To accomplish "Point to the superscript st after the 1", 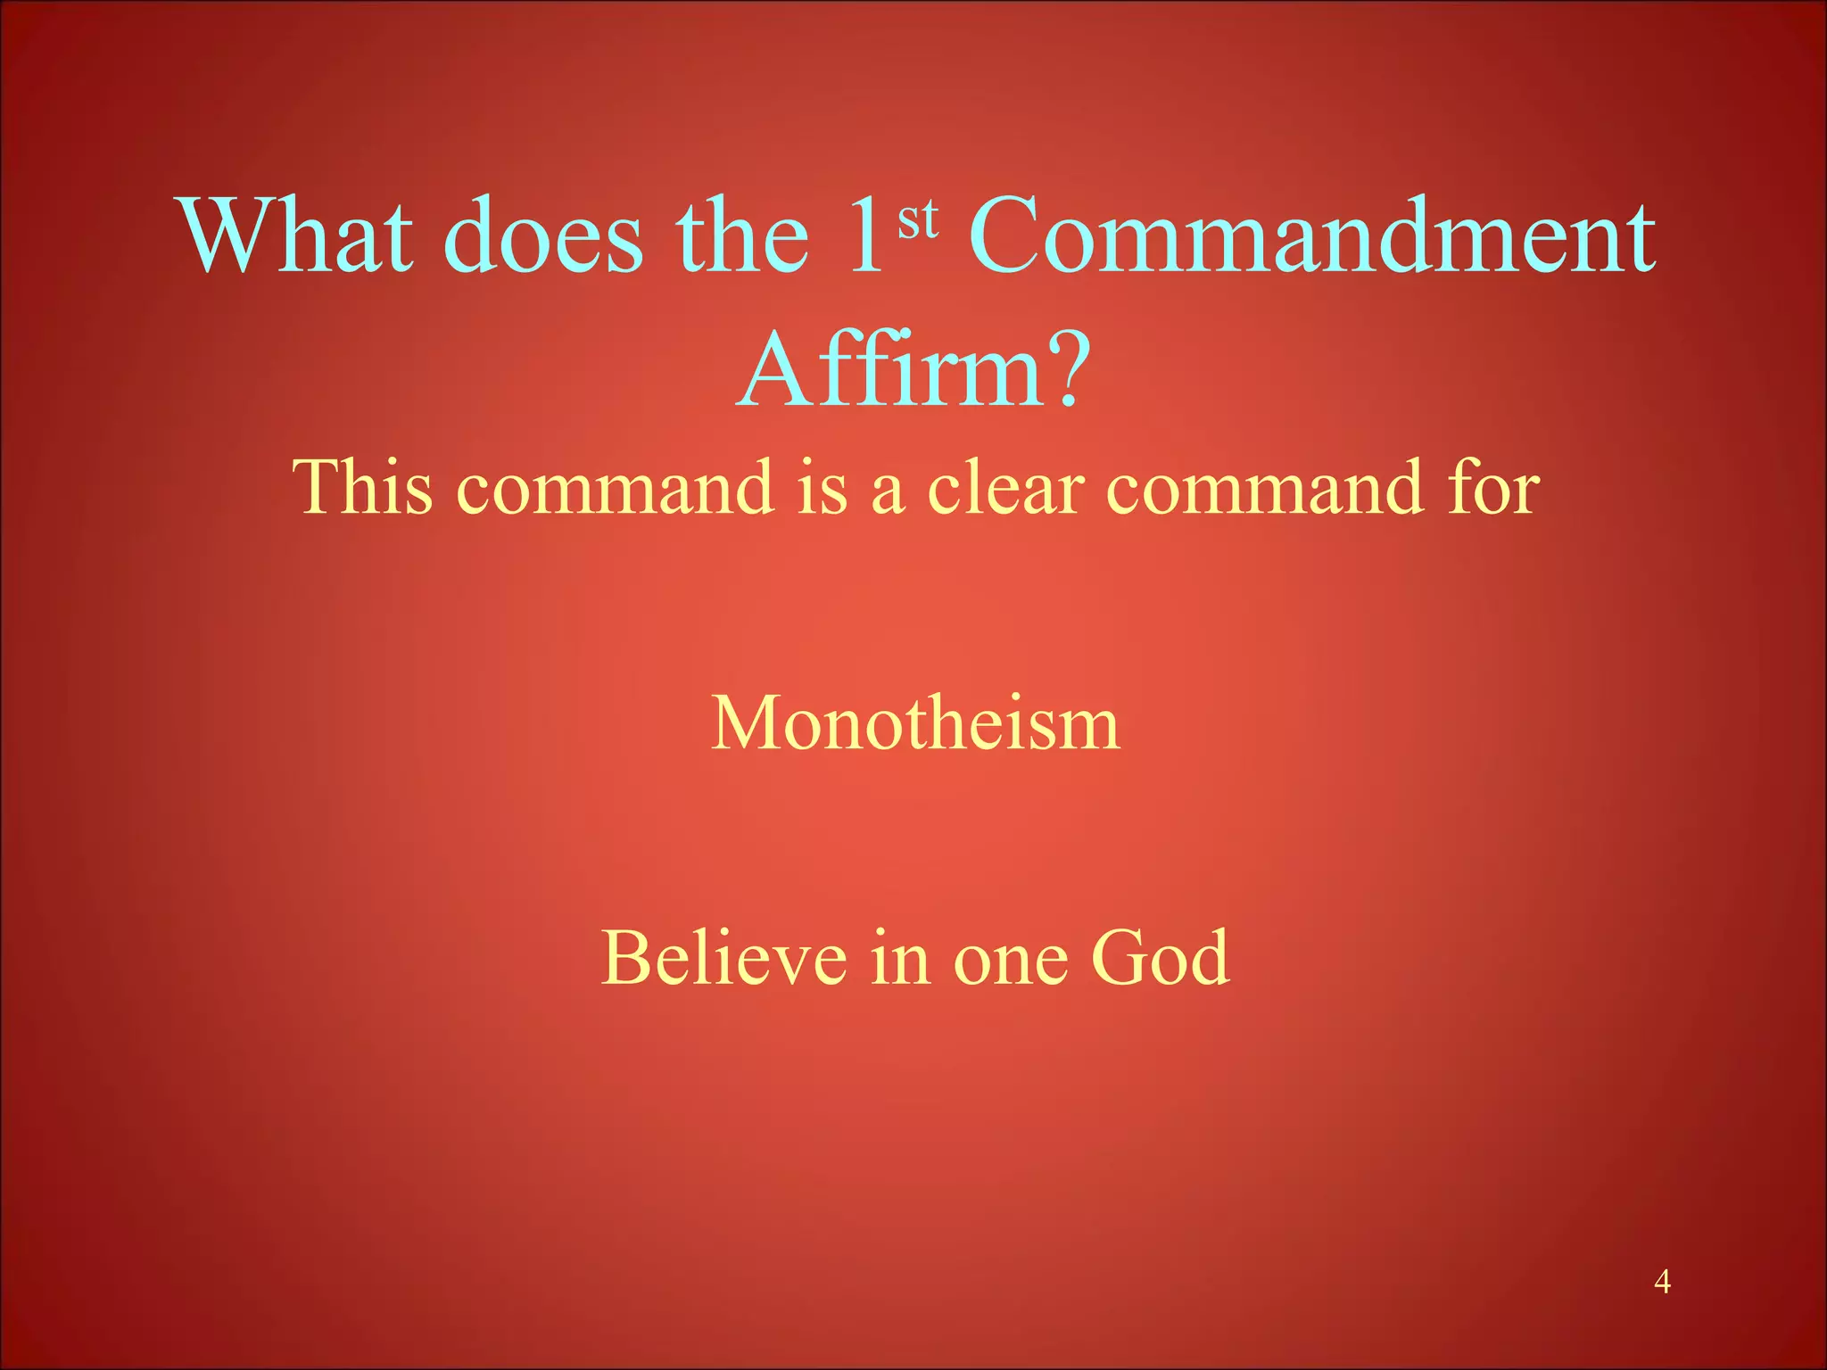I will coord(918,219).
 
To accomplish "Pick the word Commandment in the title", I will coord(1312,235).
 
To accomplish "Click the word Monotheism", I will coord(915,722).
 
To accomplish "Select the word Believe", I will coord(723,958).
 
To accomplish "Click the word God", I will coord(1161,958).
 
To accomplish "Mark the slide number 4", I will coord(1661,1282).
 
